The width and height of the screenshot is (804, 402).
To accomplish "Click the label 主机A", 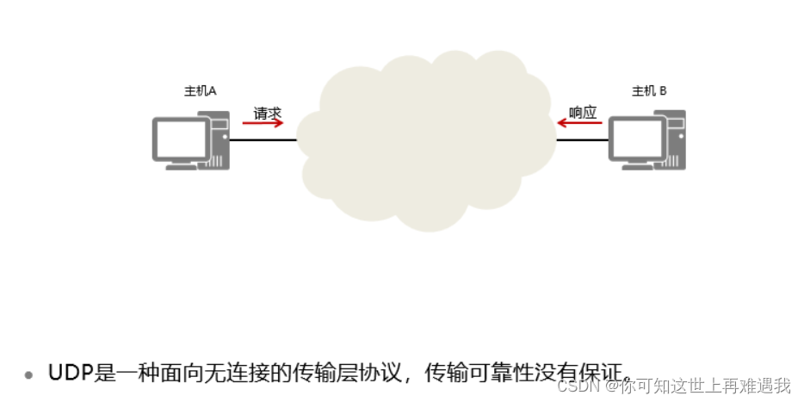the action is click(x=200, y=91).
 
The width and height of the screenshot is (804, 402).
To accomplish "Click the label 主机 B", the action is click(x=649, y=91).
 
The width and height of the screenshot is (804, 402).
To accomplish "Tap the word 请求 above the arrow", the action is click(x=267, y=113).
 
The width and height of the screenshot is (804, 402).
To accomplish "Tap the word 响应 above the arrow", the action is click(x=583, y=113).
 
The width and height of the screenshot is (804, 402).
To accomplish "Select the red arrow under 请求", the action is click(x=263, y=123).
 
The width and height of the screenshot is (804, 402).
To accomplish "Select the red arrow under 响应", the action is click(x=579, y=123).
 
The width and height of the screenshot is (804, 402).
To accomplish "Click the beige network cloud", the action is click(x=426, y=142).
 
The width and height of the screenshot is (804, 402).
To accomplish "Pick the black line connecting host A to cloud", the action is click(x=263, y=139).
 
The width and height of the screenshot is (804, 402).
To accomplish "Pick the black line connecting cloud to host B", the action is click(x=582, y=139).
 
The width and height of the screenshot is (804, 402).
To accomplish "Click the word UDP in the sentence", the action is click(x=67, y=374).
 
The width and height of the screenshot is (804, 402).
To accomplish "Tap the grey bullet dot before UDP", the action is click(x=28, y=375).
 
